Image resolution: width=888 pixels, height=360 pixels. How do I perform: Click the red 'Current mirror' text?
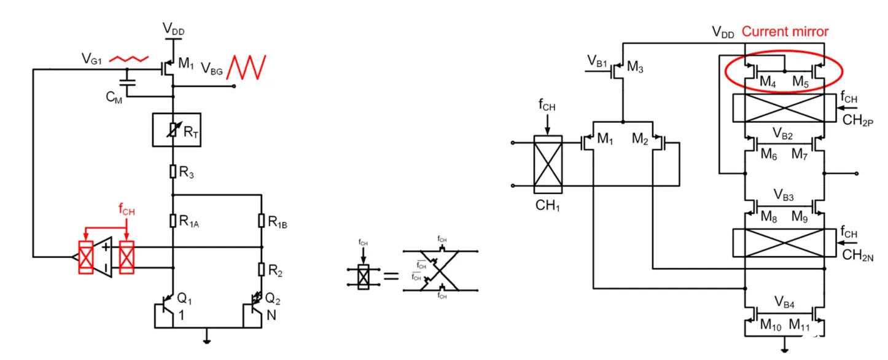tap(785, 31)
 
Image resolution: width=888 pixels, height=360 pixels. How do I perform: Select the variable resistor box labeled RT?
tap(173, 130)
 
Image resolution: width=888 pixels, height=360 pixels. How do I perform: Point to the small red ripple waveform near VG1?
tap(128, 58)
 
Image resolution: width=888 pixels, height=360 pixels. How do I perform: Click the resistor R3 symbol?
tap(173, 171)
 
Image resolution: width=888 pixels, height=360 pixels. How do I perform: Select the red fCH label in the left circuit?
tap(127, 210)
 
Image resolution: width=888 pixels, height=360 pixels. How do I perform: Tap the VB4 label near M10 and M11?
tap(784, 303)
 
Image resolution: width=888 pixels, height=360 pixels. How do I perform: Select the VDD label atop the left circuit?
tap(174, 28)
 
